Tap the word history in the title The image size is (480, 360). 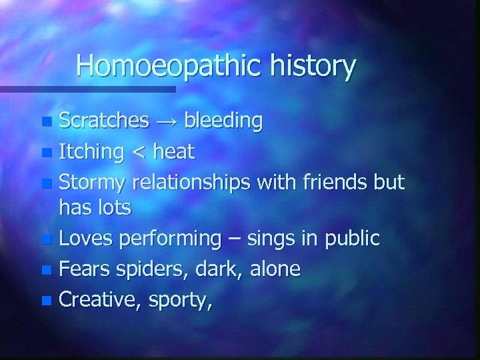click(313, 66)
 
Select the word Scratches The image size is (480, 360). click(104, 121)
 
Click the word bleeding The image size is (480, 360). click(223, 121)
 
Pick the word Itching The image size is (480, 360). click(91, 153)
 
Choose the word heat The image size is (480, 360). click(173, 153)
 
